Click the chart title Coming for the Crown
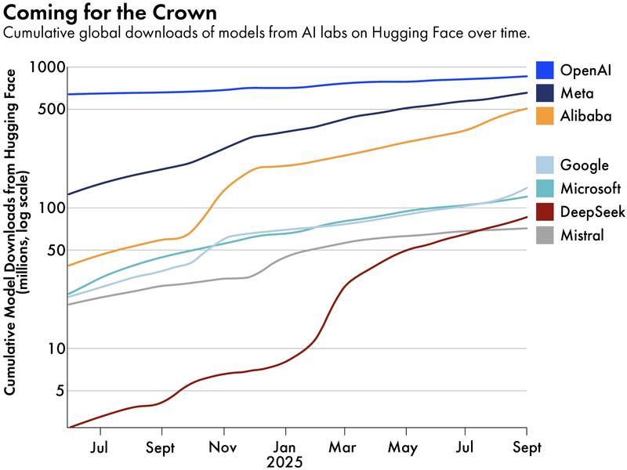(x=111, y=14)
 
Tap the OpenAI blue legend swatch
(x=545, y=70)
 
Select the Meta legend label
(x=576, y=92)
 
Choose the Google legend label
(x=584, y=165)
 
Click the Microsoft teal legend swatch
(x=545, y=188)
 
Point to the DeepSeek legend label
(x=593, y=211)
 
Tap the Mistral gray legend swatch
(x=545, y=233)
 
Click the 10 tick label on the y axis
(x=53, y=349)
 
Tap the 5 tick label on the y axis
(x=58, y=391)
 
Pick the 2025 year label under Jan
(x=285, y=461)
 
